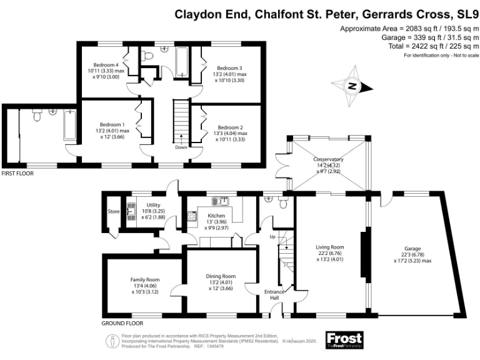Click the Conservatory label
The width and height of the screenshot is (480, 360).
[329, 160]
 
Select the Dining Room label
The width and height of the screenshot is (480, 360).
[221, 276]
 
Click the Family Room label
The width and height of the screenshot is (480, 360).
[145, 279]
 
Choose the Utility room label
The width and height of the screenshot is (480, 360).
[154, 205]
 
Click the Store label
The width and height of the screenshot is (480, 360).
[113, 211]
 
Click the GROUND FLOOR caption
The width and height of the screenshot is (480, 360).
[122, 324]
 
